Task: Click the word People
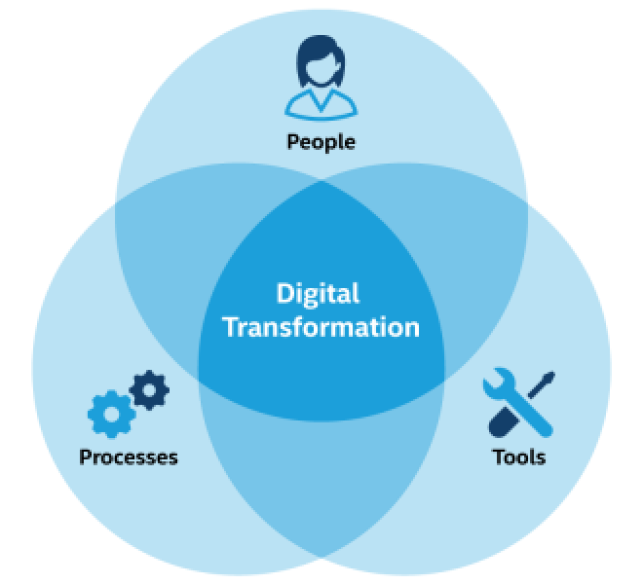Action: (x=321, y=143)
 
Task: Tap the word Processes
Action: (x=129, y=457)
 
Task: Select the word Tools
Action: (x=518, y=456)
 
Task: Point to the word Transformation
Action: (x=321, y=327)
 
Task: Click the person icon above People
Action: (x=321, y=78)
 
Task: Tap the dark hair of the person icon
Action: (x=321, y=57)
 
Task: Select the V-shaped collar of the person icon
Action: (x=321, y=101)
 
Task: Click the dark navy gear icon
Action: (x=149, y=390)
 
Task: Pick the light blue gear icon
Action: (x=111, y=415)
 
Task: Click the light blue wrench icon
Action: (x=517, y=402)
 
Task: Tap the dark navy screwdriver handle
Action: (x=503, y=423)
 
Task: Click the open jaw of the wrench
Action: (x=495, y=378)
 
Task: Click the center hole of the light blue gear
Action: (x=111, y=415)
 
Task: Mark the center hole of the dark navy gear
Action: (x=149, y=390)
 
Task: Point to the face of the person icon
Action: (x=320, y=70)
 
